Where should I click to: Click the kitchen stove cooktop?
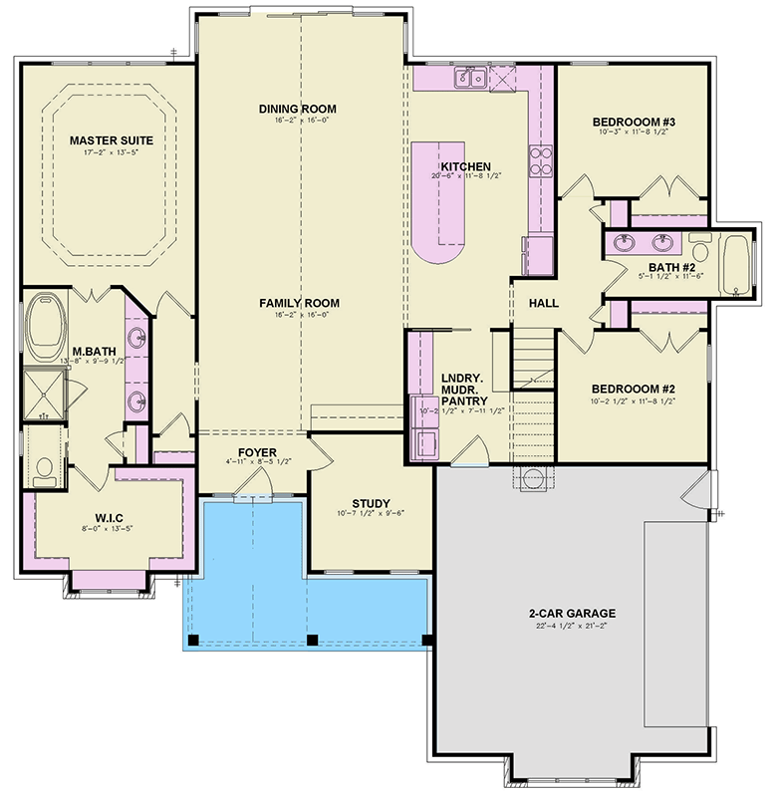point(541,160)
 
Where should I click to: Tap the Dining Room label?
point(297,109)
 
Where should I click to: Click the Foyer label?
point(256,452)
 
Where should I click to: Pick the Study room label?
point(371,503)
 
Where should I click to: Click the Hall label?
point(543,303)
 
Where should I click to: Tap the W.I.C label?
point(110,517)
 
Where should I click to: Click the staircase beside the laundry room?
point(534,398)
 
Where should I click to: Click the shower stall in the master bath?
point(42,391)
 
